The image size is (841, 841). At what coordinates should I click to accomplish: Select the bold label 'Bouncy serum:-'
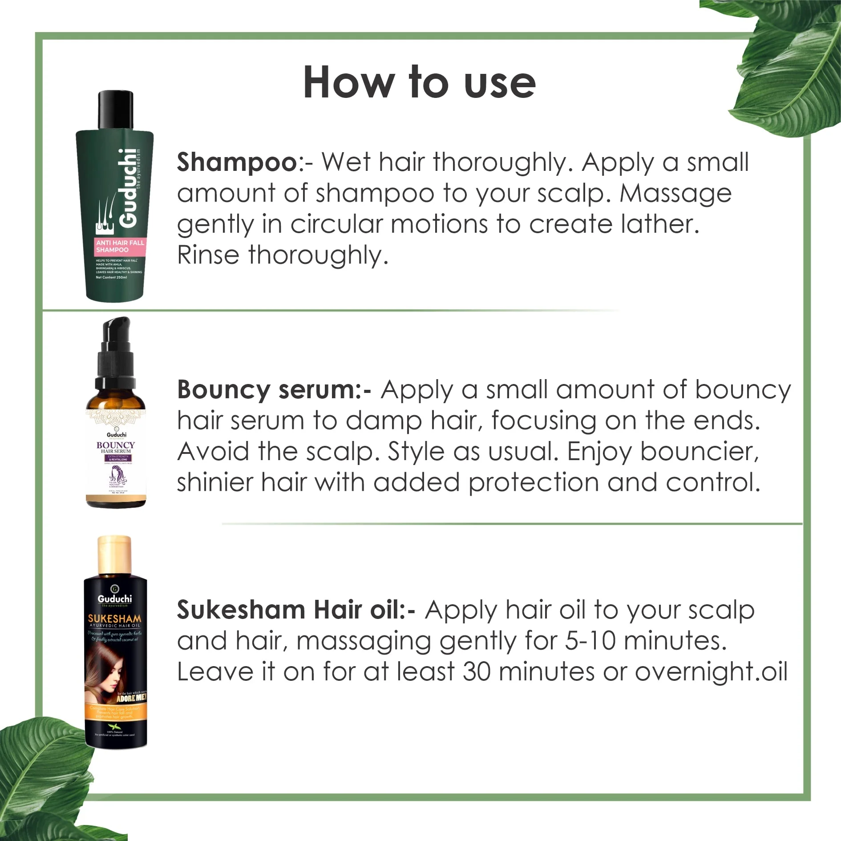click(x=274, y=390)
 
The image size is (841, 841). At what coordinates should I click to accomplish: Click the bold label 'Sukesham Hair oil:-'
click(x=296, y=610)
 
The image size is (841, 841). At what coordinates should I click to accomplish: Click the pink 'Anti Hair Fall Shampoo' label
click(x=120, y=246)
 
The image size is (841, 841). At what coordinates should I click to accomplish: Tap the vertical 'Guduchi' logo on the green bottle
click(x=128, y=188)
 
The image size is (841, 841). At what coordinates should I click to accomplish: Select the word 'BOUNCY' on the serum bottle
click(x=116, y=445)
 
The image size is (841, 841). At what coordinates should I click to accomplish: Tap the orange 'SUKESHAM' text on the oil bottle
click(x=115, y=619)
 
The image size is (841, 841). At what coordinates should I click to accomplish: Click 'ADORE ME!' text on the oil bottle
click(x=131, y=698)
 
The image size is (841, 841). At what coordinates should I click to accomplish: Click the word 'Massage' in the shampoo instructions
click(x=675, y=194)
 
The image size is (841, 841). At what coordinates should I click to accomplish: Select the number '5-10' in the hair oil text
click(x=590, y=641)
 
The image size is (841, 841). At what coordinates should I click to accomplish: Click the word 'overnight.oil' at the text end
click(x=711, y=672)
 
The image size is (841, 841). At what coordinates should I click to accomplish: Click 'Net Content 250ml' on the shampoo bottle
click(x=111, y=277)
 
